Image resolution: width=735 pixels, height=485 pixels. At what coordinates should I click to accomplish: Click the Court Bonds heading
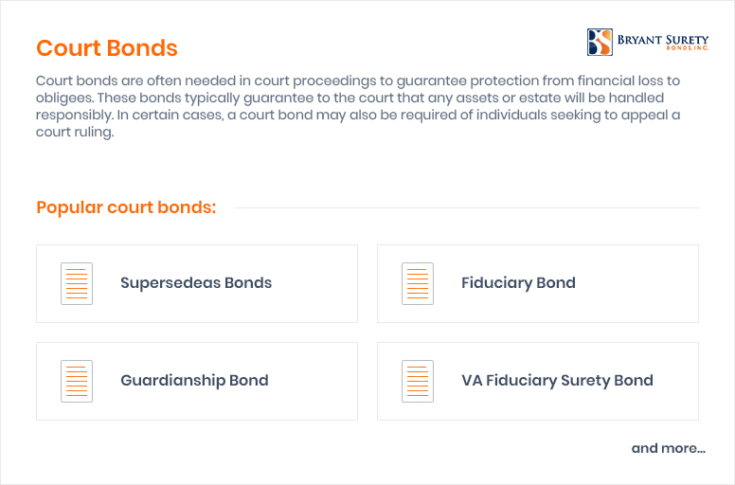tap(107, 47)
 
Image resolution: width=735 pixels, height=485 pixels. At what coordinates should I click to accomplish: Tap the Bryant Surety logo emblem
tap(600, 43)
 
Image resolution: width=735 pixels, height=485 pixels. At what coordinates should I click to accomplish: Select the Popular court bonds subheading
tap(126, 207)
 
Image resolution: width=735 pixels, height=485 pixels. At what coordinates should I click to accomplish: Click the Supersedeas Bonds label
tap(196, 283)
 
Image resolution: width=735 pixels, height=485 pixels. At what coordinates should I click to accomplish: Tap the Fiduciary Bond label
tap(518, 283)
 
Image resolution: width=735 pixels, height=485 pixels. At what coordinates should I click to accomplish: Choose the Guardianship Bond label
tap(194, 380)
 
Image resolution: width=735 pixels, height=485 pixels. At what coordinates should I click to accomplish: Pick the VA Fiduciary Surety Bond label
tap(557, 381)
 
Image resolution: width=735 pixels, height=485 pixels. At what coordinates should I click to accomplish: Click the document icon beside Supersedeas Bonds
tap(77, 283)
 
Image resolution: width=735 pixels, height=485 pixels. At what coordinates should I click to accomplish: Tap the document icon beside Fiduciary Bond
tap(418, 283)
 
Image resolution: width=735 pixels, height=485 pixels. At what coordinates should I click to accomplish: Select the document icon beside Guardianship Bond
tap(77, 381)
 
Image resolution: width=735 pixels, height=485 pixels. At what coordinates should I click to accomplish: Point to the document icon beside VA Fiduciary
tap(418, 381)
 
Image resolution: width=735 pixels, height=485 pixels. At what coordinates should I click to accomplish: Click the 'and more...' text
tap(669, 448)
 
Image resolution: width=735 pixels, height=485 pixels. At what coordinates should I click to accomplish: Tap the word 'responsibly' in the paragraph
tap(74, 116)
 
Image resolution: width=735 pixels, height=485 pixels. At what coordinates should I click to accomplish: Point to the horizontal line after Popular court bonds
tap(467, 208)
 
